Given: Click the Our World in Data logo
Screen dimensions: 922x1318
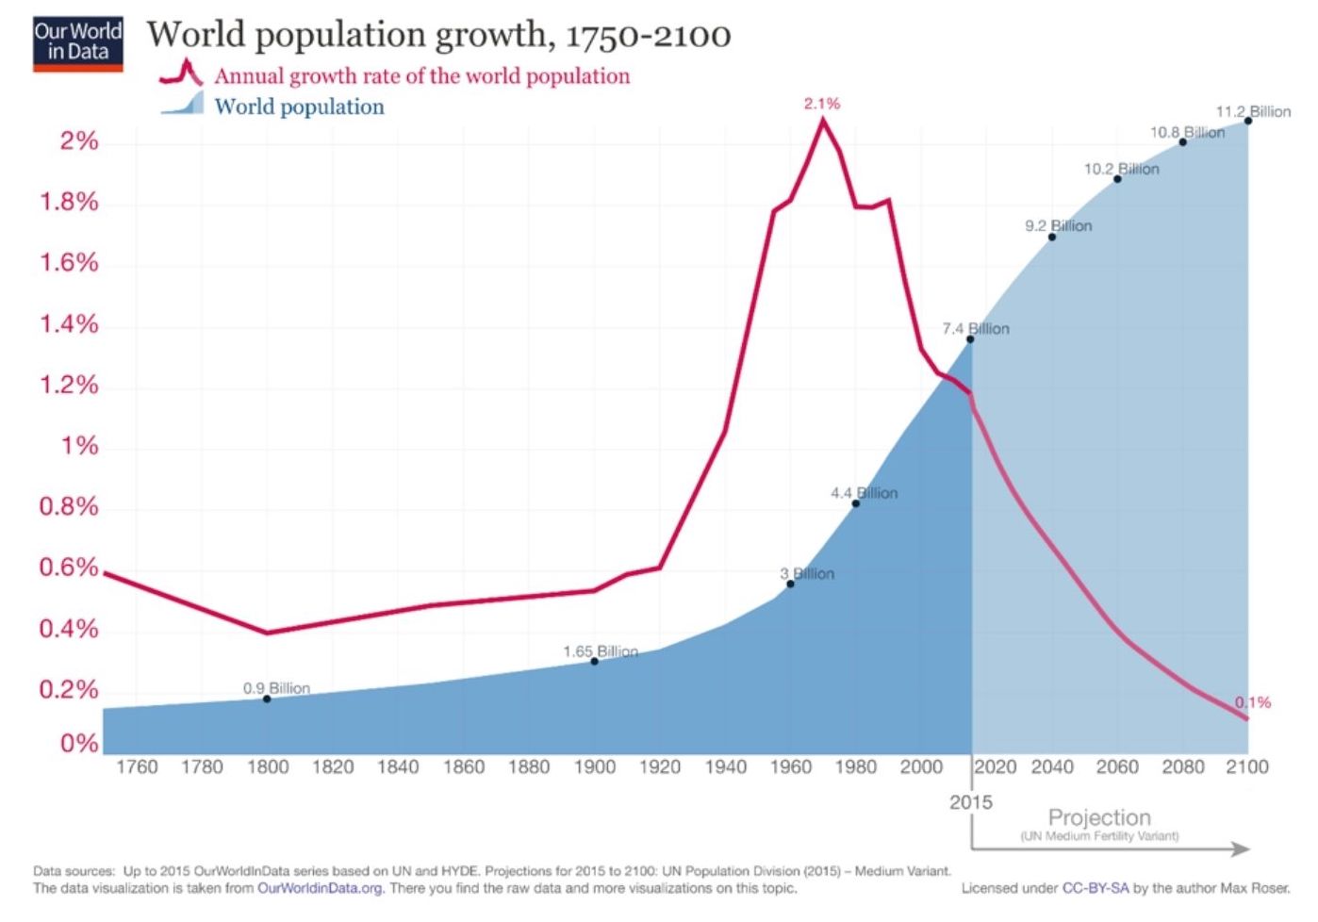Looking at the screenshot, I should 78,44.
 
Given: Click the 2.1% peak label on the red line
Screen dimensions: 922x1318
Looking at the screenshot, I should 822,104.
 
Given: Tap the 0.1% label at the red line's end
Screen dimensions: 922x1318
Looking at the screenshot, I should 1253,702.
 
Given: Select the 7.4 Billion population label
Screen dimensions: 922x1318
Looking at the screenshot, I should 976,328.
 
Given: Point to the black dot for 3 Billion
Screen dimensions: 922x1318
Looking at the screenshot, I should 790,584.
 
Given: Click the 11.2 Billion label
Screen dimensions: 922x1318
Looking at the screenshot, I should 1253,111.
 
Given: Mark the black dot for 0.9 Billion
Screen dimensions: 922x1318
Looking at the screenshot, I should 267,699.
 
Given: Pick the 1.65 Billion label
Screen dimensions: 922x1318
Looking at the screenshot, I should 601,651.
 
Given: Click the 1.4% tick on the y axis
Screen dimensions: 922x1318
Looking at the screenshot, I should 69,324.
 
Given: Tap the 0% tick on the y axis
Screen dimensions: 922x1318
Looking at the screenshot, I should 79,744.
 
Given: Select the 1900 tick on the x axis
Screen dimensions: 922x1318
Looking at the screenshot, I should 595,767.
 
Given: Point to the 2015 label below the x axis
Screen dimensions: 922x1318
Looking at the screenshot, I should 971,802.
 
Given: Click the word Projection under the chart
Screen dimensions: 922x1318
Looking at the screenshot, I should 1099,817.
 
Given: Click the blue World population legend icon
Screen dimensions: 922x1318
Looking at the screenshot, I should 183,104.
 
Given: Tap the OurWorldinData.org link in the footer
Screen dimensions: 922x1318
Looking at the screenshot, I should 320,888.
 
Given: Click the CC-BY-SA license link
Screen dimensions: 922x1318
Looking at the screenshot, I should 1095,888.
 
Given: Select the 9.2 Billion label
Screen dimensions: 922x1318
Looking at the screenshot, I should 1059,226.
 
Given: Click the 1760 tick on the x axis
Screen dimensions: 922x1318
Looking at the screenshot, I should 137,767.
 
